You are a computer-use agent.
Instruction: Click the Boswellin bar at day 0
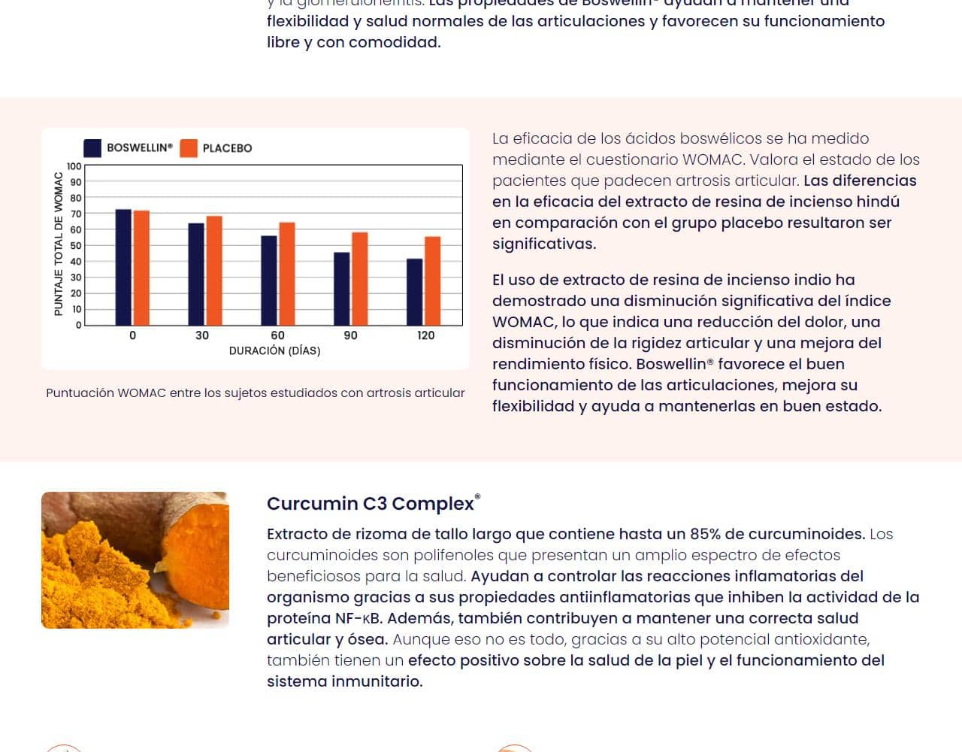click(123, 267)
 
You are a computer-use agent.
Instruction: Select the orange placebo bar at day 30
click(214, 271)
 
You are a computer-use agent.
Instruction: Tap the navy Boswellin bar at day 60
click(268, 280)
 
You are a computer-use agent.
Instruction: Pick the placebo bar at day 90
click(360, 279)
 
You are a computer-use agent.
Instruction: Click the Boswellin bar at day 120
click(414, 292)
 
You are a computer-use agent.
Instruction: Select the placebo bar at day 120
click(432, 280)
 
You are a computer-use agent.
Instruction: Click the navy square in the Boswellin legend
click(92, 148)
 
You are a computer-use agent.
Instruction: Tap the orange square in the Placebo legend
click(189, 148)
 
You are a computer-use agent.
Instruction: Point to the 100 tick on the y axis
click(74, 166)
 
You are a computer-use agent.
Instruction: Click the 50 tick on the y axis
click(75, 246)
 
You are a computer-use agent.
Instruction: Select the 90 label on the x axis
click(350, 335)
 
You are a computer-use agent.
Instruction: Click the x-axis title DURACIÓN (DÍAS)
click(274, 351)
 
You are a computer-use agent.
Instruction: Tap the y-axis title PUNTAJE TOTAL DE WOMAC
click(59, 244)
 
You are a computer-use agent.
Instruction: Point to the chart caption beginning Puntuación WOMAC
click(255, 393)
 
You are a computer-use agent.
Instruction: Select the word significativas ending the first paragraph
click(543, 244)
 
